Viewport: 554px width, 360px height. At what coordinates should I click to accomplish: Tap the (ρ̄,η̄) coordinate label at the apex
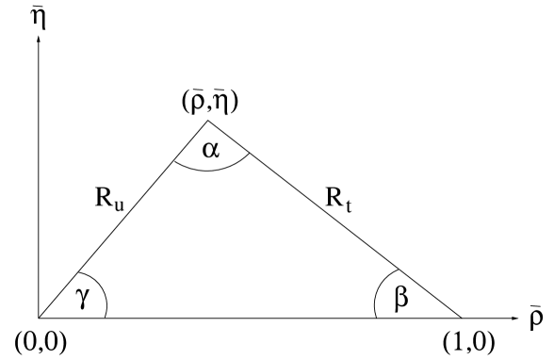tap(210, 104)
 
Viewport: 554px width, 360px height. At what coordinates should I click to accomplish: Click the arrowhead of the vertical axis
tap(39, 42)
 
